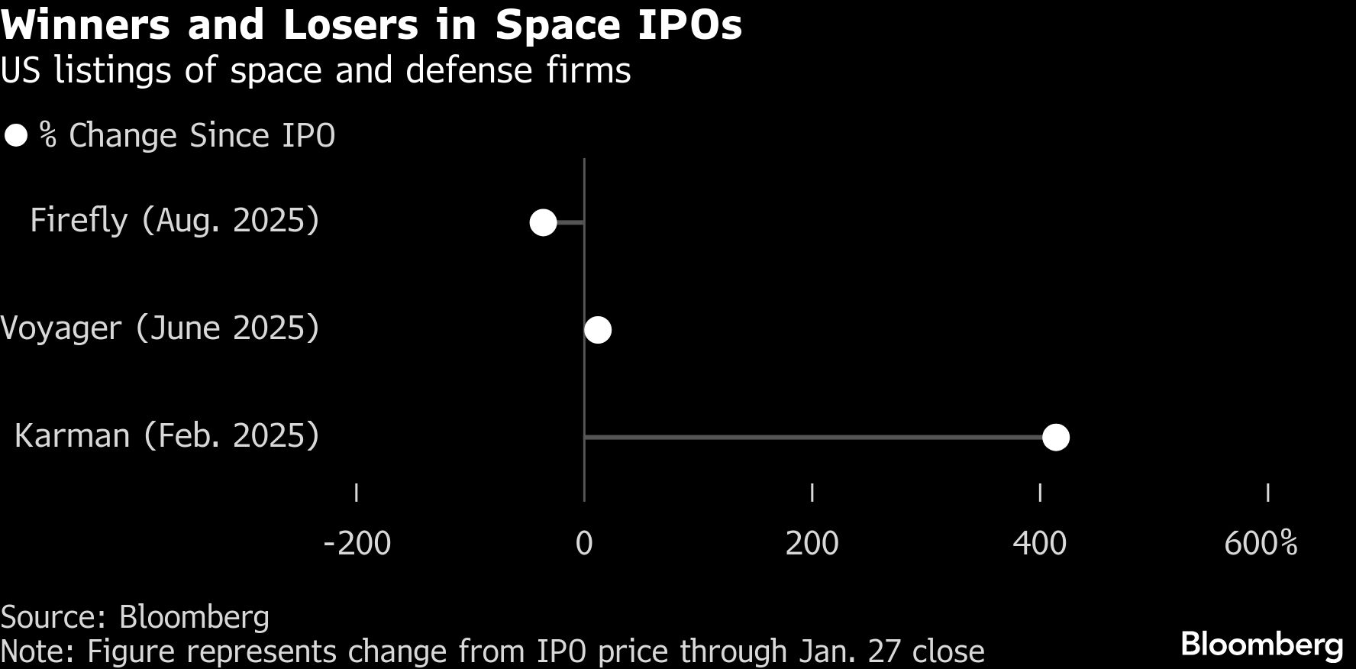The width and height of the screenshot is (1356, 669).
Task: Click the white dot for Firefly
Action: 543,222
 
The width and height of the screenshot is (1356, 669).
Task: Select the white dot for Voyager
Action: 598,330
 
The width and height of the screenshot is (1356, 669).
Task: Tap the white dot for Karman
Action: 1056,438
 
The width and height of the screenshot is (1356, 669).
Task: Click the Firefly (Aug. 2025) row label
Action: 174,221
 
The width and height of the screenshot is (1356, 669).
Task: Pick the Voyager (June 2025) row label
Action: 160,328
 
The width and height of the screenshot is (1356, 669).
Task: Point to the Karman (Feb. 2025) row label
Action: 166,436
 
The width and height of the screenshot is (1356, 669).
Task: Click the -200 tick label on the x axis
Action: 357,544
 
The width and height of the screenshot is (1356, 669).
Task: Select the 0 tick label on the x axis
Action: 584,544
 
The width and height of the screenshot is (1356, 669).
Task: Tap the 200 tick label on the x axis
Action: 812,544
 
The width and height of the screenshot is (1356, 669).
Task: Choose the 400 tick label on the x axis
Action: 1039,544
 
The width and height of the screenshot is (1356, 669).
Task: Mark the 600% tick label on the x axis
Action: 1261,544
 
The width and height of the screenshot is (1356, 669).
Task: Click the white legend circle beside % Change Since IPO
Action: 16,136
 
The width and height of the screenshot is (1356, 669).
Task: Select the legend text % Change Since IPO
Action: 188,136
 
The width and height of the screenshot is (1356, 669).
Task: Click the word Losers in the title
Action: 350,25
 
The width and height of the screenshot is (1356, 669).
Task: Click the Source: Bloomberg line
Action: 135,617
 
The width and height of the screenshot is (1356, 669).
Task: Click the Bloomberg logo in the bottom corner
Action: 1261,645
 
